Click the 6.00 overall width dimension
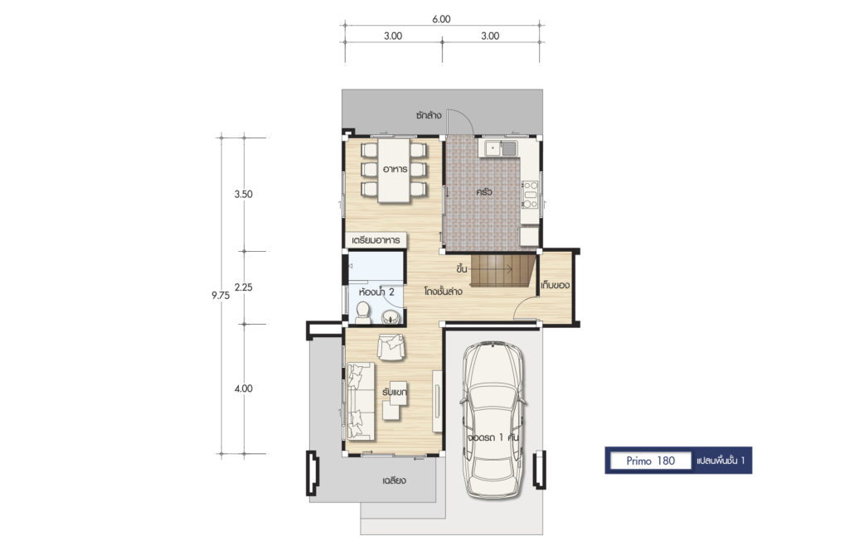[x=441, y=19]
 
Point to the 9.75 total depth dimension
[x=221, y=295]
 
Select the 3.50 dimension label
[x=243, y=194]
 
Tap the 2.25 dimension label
[x=244, y=287]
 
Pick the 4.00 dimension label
[x=244, y=388]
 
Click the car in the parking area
[x=493, y=419]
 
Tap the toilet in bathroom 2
[x=363, y=313]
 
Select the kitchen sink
[x=502, y=147]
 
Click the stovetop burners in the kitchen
[x=530, y=195]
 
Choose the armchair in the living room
[x=391, y=347]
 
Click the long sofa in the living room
[x=361, y=401]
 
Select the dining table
[x=394, y=171]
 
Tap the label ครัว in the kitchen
[x=484, y=192]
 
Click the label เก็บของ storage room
[x=555, y=285]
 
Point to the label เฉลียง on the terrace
[x=394, y=480]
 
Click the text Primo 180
[x=651, y=461]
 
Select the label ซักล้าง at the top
[x=429, y=115]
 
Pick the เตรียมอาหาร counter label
[x=376, y=239]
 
